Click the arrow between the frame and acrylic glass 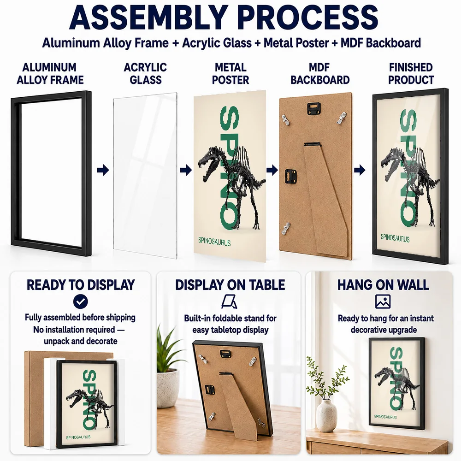(x=103, y=170)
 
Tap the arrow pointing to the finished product (x=360, y=170)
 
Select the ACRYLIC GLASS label (x=146, y=73)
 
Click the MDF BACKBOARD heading (x=320, y=73)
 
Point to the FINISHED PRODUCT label (x=411, y=73)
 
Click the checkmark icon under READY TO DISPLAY (x=80, y=301)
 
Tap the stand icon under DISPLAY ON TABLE (x=229, y=302)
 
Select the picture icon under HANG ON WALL (x=383, y=301)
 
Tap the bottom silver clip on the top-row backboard (x=285, y=229)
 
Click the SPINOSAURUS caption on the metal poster (x=214, y=242)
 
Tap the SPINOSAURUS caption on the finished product (x=395, y=238)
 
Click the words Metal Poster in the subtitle (x=296, y=43)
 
